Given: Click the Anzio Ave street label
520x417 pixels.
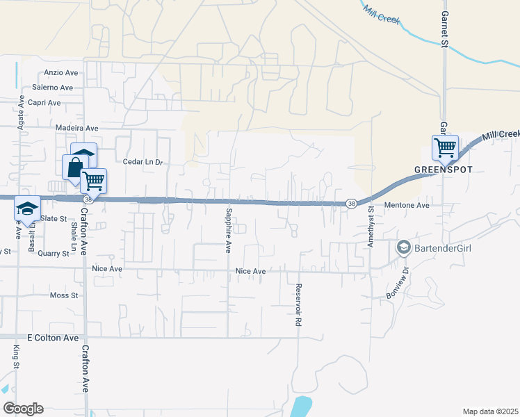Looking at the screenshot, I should [x=61, y=72].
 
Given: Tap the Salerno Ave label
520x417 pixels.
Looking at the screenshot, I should [x=52, y=88].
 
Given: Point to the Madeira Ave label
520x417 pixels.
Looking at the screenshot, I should [x=77, y=129].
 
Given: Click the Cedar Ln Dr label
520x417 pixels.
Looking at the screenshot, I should [x=142, y=163].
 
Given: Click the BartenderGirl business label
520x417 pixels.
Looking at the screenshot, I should [x=444, y=247].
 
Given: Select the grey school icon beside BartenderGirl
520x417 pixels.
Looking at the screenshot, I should [x=403, y=247].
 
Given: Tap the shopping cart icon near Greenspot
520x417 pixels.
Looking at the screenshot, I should [x=444, y=147].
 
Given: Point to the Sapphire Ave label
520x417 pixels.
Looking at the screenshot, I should [x=227, y=229].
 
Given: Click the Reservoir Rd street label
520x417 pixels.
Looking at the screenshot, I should [x=298, y=306].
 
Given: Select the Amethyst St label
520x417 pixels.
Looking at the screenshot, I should [x=371, y=222].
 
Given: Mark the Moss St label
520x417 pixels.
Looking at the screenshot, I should [x=64, y=296].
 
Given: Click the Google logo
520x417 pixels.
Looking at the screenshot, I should [x=23, y=409].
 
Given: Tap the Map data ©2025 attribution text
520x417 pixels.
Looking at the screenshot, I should [x=489, y=411].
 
